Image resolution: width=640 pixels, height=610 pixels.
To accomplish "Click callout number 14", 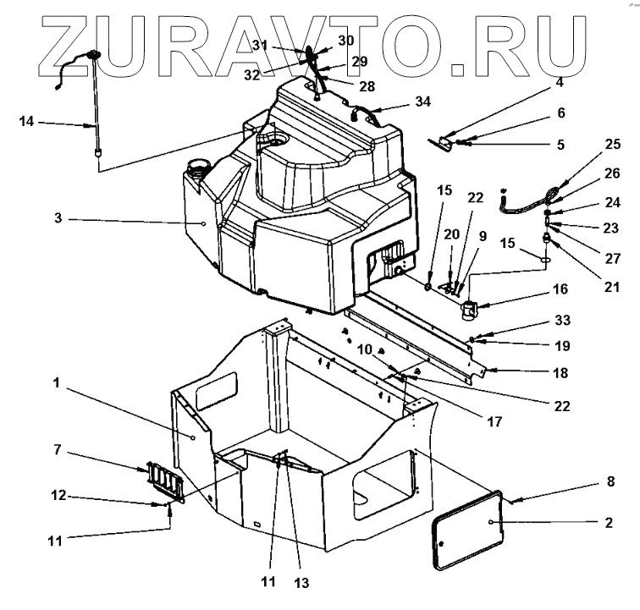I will [x=28, y=122].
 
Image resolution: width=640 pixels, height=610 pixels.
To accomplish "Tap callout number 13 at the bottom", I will [x=300, y=583].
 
